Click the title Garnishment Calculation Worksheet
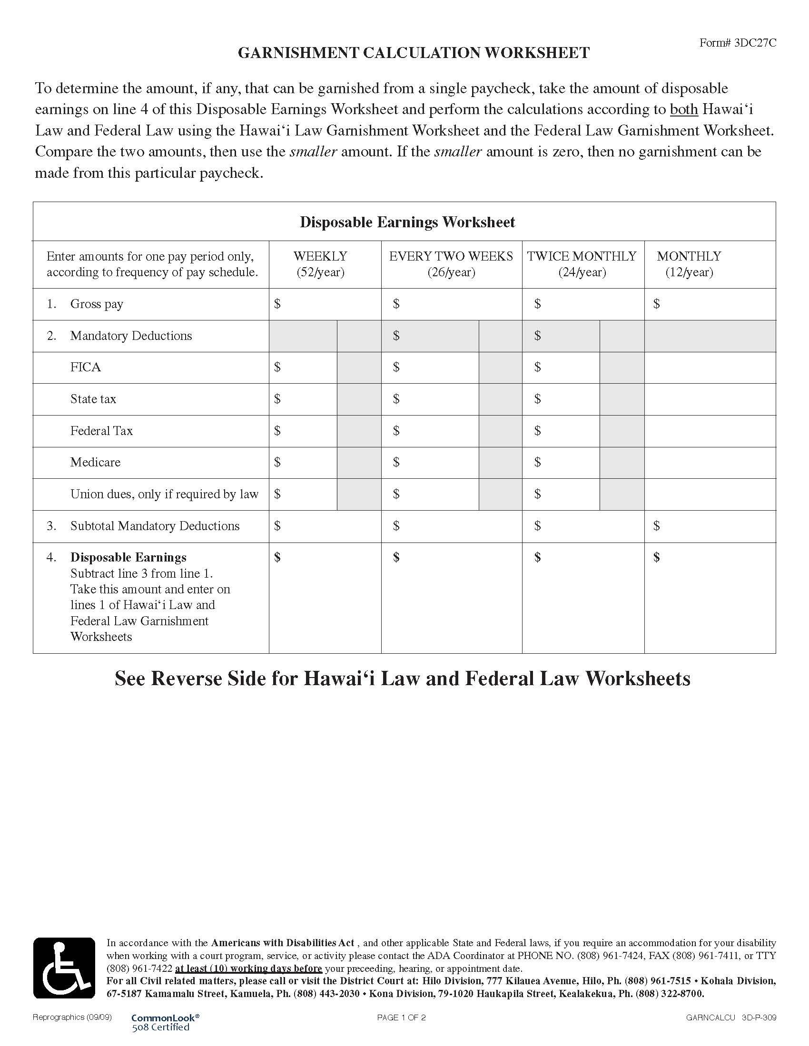tap(414, 53)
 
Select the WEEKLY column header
tap(320, 264)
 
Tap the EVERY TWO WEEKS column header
tap(451, 264)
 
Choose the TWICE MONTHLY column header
tap(582, 264)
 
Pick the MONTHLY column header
tap(689, 264)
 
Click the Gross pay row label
tap(96, 304)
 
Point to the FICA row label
tap(85, 368)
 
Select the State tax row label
tap(93, 399)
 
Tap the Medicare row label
tap(95, 462)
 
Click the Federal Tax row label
tap(101, 431)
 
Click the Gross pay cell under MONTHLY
tap(710, 304)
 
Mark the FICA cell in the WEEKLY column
tap(303, 368)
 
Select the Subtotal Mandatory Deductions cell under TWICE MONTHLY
tap(583, 526)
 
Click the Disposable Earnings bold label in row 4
tap(128, 558)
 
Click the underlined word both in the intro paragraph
tap(683, 110)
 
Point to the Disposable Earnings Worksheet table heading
tap(407, 222)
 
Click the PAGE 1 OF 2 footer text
tap(401, 1017)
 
